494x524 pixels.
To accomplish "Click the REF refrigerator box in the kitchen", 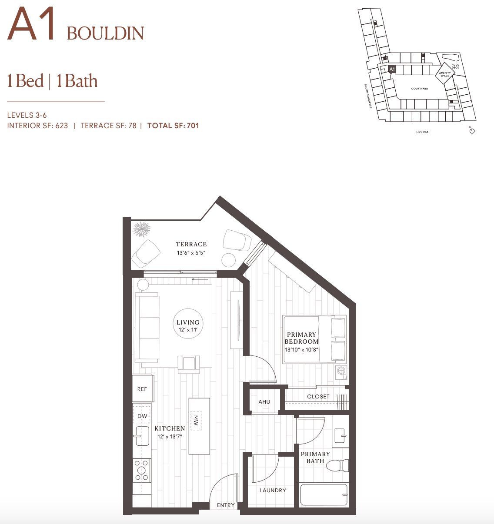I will click(142, 389).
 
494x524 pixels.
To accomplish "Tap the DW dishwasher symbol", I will click(142, 416).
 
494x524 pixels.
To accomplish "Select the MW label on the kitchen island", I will click(196, 420).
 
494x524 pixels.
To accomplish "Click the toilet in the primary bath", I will click(341, 465).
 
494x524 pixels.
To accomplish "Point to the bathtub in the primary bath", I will click(324, 494).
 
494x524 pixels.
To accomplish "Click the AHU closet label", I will click(264, 401).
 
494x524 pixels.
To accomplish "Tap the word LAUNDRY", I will click(273, 490).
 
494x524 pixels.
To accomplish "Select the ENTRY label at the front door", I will click(225, 505).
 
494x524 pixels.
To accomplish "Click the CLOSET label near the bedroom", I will click(318, 396).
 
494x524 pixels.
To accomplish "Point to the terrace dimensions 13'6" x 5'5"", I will click(191, 252).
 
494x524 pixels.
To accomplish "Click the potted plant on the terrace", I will click(141, 229).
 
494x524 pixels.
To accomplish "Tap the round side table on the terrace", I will click(228, 260).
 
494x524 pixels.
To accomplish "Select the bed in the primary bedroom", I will click(315, 339).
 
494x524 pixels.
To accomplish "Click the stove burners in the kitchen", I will click(141, 471).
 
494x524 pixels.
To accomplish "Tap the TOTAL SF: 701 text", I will click(173, 126).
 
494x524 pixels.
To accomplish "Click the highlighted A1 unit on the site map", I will click(391, 70).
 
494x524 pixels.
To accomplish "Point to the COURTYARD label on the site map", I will click(420, 89).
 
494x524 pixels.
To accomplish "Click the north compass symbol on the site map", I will click(472, 131).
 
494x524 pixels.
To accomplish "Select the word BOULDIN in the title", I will click(105, 33).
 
